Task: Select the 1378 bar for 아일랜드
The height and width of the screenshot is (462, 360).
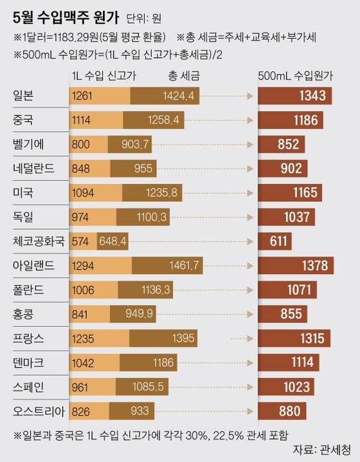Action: click(x=296, y=265)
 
